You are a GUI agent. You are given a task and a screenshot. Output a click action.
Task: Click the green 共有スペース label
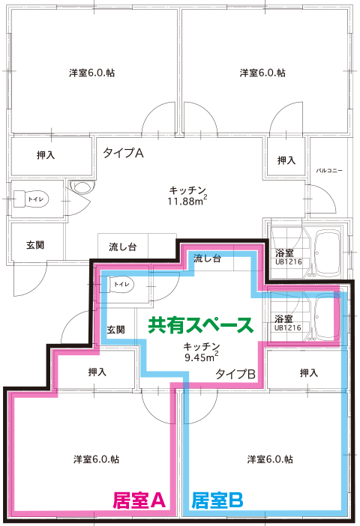(200, 324)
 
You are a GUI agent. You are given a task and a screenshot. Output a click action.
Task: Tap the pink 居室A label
(139, 501)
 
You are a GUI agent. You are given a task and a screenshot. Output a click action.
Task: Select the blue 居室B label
(217, 501)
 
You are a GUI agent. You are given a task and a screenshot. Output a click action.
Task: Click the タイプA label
(123, 153)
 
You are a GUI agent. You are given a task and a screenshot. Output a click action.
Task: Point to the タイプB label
(235, 374)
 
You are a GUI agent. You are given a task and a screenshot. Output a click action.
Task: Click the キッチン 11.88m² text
(187, 196)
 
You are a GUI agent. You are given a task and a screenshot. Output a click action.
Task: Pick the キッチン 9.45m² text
(202, 352)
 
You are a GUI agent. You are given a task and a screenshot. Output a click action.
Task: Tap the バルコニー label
(329, 170)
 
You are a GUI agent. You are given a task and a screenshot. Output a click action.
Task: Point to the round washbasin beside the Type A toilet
(82, 187)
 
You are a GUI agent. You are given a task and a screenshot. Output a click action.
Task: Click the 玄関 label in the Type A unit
(35, 245)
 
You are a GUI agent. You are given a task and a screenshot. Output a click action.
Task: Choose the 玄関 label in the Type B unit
(115, 330)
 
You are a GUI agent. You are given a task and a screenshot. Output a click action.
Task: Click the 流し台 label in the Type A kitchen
(123, 247)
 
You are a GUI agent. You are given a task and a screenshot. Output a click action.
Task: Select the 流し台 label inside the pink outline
(207, 259)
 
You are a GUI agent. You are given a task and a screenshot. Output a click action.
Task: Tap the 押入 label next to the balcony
(286, 160)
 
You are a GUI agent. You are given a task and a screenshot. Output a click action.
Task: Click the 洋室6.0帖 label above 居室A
(97, 459)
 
